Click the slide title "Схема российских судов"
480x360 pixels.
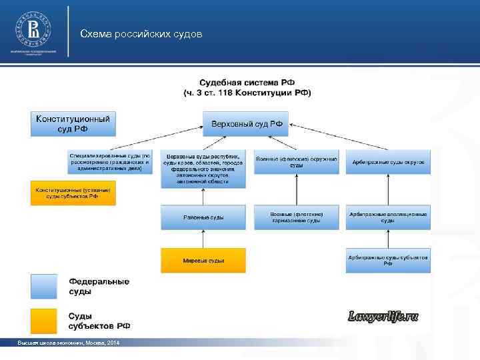coord(141,33)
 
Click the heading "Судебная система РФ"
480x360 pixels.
coord(247,82)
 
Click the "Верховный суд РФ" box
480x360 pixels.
coord(246,124)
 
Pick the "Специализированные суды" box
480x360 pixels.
coord(110,162)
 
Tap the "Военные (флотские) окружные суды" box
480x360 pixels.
coord(296,162)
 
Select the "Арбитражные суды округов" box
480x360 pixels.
coord(388,162)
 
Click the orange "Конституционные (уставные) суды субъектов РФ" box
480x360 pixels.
coord(73,193)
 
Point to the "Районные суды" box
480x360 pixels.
coord(203,217)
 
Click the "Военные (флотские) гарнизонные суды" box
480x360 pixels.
coord(296,217)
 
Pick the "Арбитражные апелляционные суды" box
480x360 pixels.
coord(388,217)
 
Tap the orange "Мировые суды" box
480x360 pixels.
coord(203,261)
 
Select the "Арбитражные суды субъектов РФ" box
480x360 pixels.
coord(388,261)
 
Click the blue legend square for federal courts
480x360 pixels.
coord(45,286)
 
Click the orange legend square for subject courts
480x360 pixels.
coord(45,321)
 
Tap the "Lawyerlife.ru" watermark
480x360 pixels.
coord(383,316)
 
